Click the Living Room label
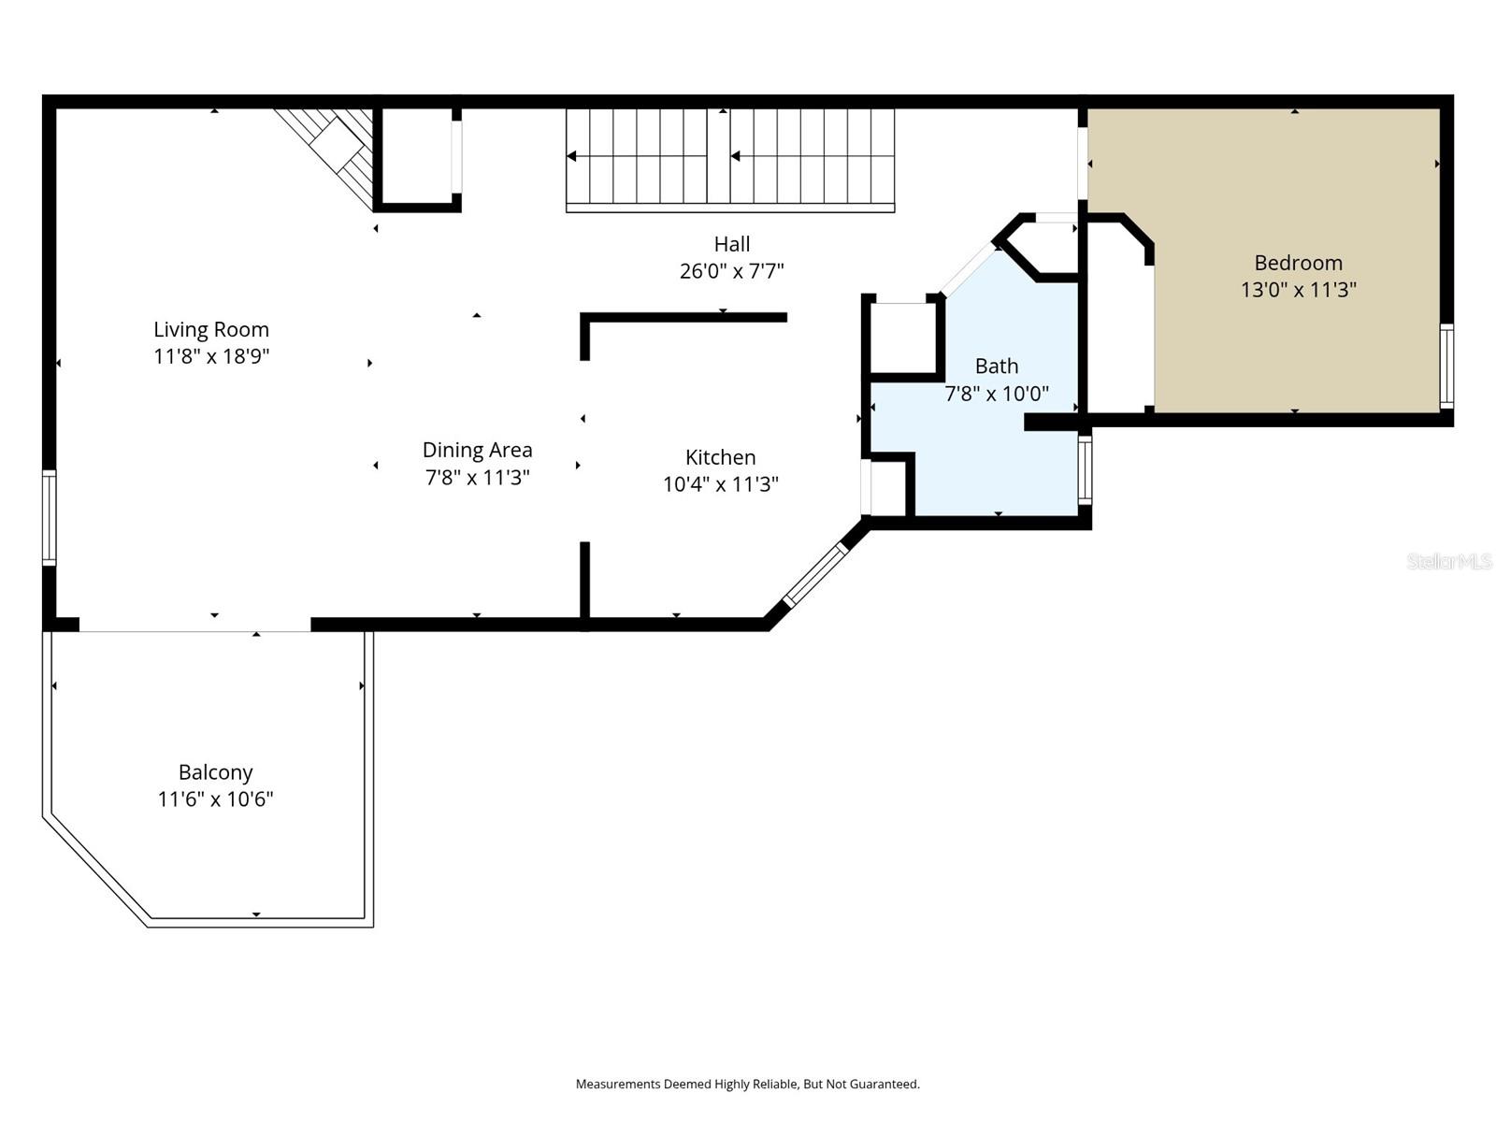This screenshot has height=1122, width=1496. (211, 329)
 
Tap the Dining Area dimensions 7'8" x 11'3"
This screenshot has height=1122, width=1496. (477, 478)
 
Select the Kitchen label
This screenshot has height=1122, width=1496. (720, 457)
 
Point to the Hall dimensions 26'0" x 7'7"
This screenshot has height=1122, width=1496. (731, 271)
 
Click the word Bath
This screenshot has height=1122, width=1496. (996, 366)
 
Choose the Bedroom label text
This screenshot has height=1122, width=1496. (1298, 263)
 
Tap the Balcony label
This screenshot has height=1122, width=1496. (215, 772)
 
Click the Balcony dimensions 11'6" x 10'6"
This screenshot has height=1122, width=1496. (215, 799)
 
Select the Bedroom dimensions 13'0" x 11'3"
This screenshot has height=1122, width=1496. (1298, 290)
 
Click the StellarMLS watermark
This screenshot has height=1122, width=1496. (1449, 561)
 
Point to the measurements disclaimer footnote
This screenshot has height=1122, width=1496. (747, 1085)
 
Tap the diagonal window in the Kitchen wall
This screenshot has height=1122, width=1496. (815, 576)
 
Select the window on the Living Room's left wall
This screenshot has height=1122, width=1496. (49, 517)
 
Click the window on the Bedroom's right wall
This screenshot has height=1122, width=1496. (1446, 366)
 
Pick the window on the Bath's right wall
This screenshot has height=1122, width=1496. (1085, 470)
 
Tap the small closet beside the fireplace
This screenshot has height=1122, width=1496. (417, 155)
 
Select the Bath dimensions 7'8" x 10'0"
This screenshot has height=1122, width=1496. (996, 394)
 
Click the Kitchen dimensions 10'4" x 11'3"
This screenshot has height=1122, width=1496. (720, 484)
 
